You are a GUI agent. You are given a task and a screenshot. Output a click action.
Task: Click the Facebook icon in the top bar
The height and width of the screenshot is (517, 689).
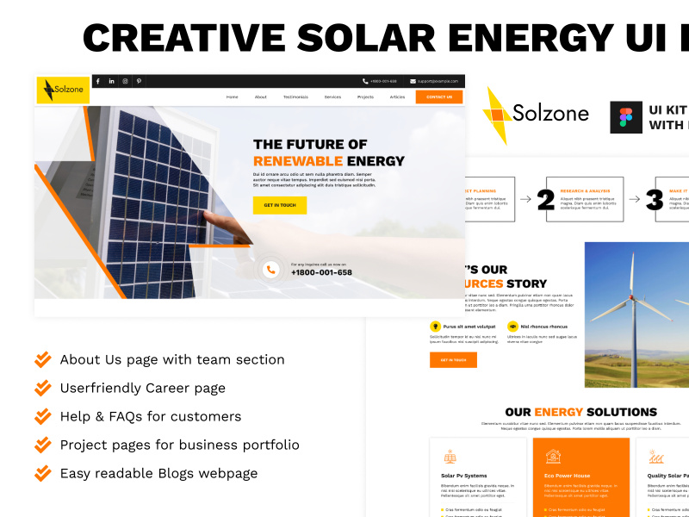click(97, 81)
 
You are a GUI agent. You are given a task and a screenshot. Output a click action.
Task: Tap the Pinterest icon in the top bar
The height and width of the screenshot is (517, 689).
click(139, 81)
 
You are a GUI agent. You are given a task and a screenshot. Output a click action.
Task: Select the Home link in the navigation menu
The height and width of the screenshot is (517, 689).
click(232, 97)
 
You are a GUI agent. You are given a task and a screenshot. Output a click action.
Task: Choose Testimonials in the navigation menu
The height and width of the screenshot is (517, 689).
click(295, 97)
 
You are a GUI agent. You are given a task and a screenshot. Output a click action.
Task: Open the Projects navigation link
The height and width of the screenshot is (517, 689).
click(365, 97)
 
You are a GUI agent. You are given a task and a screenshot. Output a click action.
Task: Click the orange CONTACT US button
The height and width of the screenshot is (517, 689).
click(438, 97)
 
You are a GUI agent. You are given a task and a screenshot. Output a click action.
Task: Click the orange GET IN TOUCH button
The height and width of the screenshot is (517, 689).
click(280, 205)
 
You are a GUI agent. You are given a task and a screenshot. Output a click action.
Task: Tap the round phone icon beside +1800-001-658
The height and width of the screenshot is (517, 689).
click(270, 270)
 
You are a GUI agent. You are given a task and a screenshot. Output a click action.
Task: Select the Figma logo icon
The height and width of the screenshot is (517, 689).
click(625, 117)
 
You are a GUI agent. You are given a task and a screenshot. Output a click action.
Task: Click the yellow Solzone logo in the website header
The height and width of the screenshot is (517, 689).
click(63, 90)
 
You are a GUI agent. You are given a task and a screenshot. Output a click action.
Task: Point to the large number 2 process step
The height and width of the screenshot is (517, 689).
click(545, 199)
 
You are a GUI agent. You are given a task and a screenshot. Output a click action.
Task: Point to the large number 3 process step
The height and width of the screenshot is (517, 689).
click(655, 199)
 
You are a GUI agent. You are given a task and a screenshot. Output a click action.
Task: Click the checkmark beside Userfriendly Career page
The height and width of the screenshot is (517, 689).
click(42, 388)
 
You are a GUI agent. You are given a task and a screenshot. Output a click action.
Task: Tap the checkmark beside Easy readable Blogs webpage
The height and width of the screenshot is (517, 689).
click(42, 473)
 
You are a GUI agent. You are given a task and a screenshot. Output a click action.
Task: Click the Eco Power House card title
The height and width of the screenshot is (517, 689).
click(567, 476)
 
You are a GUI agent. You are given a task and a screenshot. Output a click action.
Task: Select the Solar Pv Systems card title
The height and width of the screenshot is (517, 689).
click(463, 476)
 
